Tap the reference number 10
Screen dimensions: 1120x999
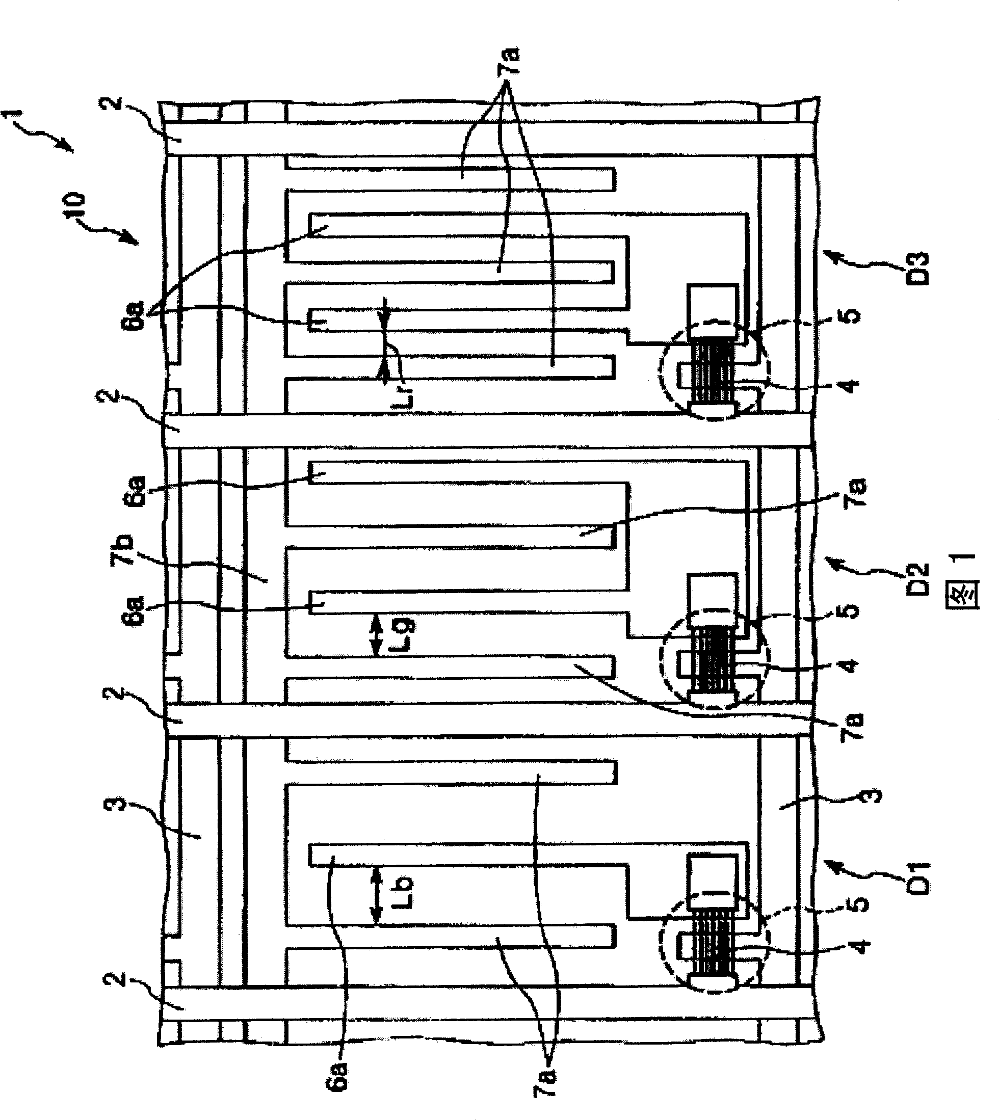coord(75,207)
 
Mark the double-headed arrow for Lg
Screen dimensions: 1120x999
coord(376,635)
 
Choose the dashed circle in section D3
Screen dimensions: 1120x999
coord(714,370)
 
